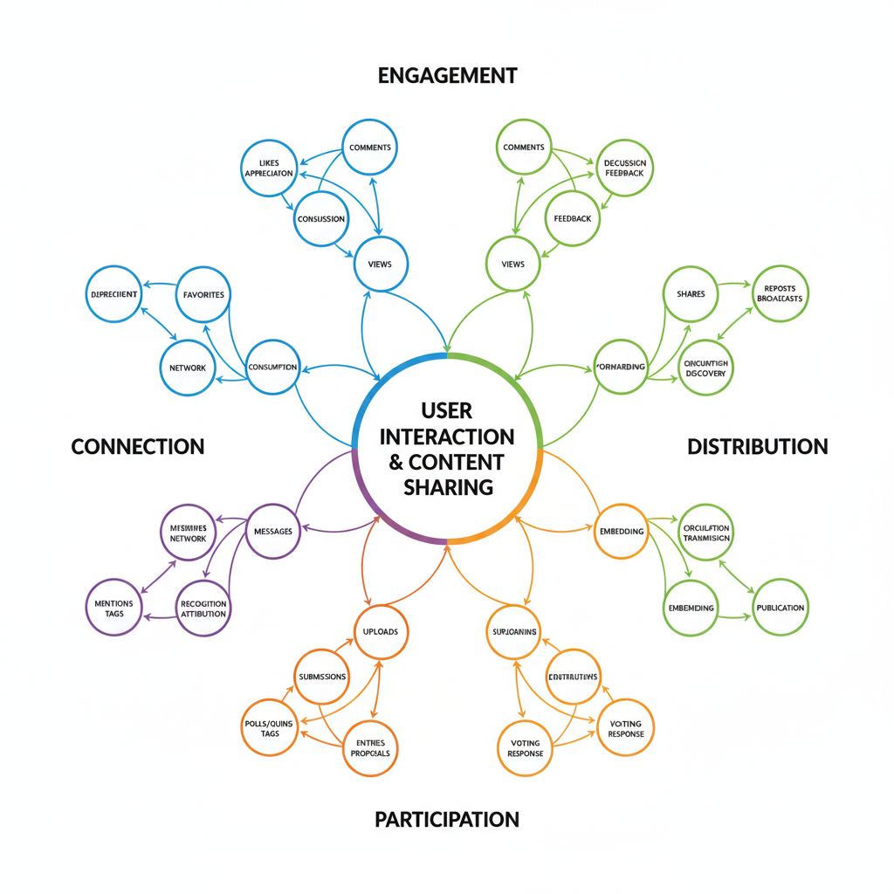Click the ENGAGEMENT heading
coord(447,75)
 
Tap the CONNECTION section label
coord(137,446)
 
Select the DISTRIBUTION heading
coord(757,446)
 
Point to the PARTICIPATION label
coord(447,819)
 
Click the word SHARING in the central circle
coord(448,486)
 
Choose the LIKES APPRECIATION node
coord(269,168)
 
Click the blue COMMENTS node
coord(369,148)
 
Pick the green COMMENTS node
coord(524,148)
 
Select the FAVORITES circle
coord(203,294)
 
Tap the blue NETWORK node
coord(188,368)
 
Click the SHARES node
coord(691,294)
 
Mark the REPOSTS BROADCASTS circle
coord(780,293)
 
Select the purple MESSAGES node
coord(272,532)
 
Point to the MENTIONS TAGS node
coord(113,609)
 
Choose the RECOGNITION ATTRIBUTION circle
coord(203,609)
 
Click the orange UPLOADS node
coord(381,631)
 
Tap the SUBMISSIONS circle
coord(322,677)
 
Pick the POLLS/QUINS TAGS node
coord(269,727)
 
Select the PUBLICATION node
coord(780,608)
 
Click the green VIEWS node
coord(513,264)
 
